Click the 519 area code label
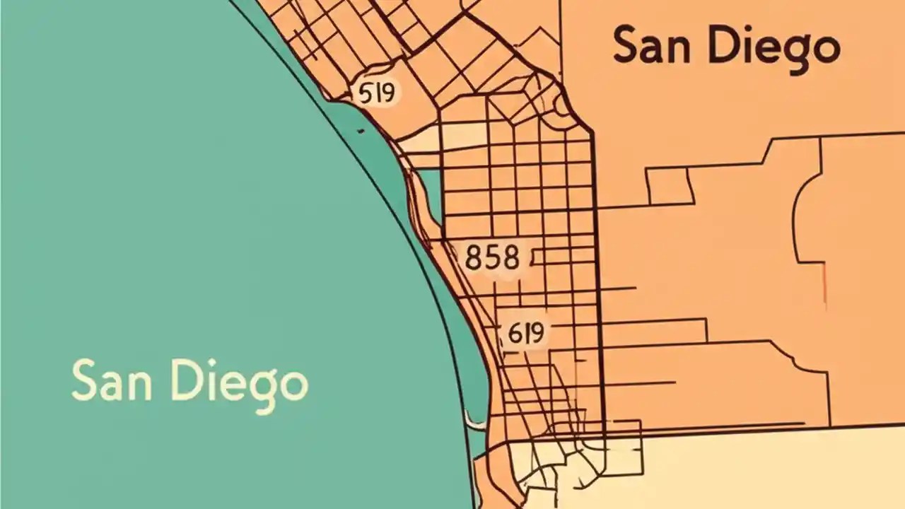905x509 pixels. (376, 93)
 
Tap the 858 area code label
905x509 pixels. (492, 258)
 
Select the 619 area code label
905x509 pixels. (525, 332)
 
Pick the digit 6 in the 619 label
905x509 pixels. (513, 332)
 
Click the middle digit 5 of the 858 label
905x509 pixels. (492, 258)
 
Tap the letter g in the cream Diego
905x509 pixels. (262, 390)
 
